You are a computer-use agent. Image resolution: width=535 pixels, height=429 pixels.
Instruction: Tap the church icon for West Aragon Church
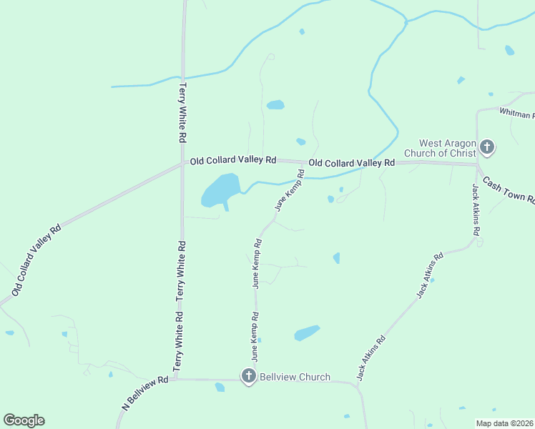pyautogui.click(x=487, y=148)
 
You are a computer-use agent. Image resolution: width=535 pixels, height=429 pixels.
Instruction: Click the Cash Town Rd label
pyautogui.click(x=509, y=189)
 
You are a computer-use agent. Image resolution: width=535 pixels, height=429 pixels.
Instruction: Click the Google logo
pyautogui.click(x=24, y=420)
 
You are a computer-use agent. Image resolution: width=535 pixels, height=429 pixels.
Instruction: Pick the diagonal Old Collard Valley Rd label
pyautogui.click(x=36, y=258)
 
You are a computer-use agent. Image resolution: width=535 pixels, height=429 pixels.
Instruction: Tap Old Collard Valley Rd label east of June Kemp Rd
pyautogui.click(x=351, y=163)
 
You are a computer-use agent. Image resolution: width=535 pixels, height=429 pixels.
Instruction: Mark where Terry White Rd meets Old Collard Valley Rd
pyautogui.click(x=183, y=162)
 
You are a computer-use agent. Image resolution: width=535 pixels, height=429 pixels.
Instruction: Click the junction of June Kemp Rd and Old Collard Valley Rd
pyautogui.click(x=302, y=163)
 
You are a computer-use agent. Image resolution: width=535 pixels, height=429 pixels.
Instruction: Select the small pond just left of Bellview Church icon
pyautogui.click(x=220, y=387)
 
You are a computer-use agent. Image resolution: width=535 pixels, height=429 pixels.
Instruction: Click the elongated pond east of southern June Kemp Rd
pyautogui.click(x=307, y=333)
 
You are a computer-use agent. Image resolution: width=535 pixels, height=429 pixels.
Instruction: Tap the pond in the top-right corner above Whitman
pyautogui.click(x=509, y=50)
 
